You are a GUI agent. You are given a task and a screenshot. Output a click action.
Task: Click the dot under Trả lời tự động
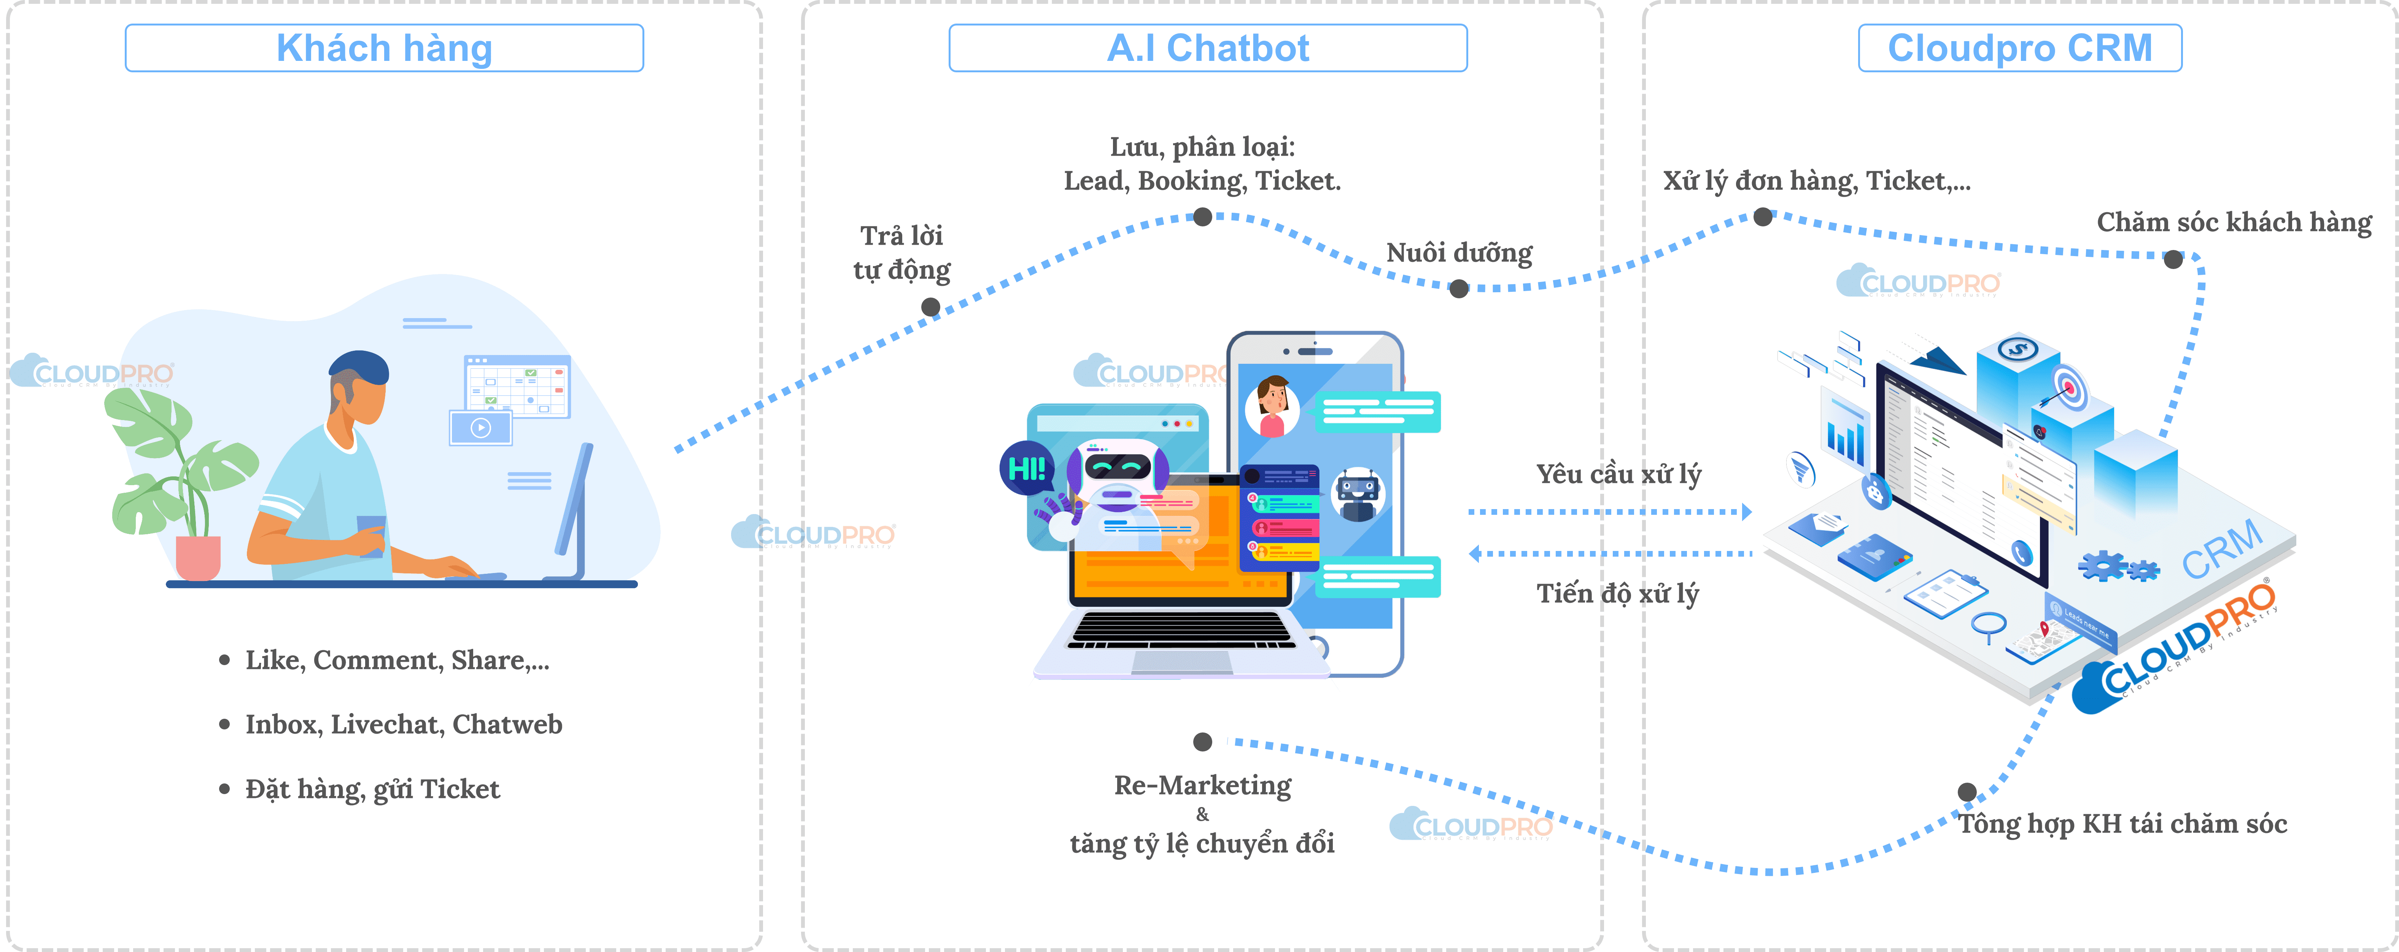pyautogui.click(x=930, y=306)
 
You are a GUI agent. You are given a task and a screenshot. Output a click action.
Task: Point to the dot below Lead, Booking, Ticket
pyautogui.click(x=1202, y=217)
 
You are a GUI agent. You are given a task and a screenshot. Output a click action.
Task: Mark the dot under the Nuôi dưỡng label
pyautogui.click(x=1459, y=289)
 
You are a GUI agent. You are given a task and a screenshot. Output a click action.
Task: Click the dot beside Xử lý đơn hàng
pyautogui.click(x=1763, y=217)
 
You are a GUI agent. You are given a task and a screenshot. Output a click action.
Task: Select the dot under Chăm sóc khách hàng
pyautogui.click(x=2173, y=259)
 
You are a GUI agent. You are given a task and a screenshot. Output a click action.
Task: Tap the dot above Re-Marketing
pyautogui.click(x=1202, y=742)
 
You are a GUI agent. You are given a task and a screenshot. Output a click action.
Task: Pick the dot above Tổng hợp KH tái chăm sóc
pyautogui.click(x=1967, y=792)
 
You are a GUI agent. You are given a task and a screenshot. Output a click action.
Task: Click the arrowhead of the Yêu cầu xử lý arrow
pyautogui.click(x=1747, y=511)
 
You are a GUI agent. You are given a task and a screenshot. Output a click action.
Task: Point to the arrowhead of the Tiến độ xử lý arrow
pyautogui.click(x=1474, y=553)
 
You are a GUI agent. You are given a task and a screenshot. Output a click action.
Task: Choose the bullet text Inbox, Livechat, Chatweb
pyautogui.click(x=403, y=725)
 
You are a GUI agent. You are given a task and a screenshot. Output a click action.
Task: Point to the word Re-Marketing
pyautogui.click(x=1202, y=785)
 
